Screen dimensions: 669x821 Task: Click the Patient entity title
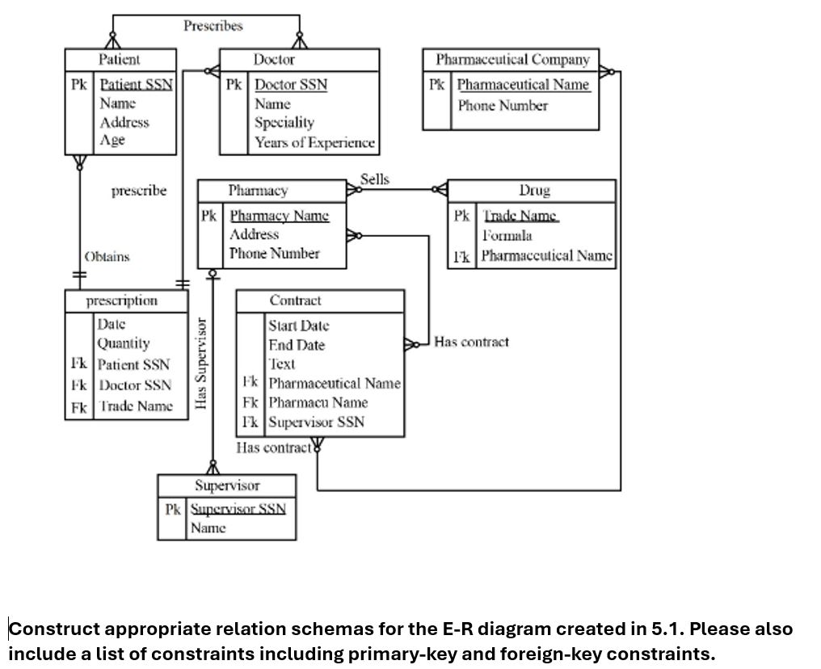tap(119, 60)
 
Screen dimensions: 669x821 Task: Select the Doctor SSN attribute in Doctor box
tap(291, 85)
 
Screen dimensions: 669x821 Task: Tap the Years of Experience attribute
tap(314, 143)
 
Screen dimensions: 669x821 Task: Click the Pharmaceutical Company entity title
tap(512, 60)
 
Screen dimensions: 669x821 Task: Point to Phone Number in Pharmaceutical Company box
tap(503, 106)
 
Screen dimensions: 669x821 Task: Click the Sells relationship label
tap(374, 179)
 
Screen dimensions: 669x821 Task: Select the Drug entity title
tap(534, 191)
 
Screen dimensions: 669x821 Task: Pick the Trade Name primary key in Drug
tap(520, 216)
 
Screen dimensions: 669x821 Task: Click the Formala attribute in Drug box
tap(507, 236)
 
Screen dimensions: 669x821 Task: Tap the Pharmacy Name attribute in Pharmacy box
tap(279, 216)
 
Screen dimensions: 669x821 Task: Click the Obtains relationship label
tap(107, 257)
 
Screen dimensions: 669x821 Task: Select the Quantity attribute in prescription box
tap(124, 343)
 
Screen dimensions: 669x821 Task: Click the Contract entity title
tap(295, 301)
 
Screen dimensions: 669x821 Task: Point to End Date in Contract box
tap(297, 345)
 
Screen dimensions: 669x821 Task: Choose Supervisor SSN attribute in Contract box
tap(316, 422)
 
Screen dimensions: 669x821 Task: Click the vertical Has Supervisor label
tap(201, 363)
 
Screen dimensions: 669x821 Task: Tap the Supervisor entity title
tap(227, 486)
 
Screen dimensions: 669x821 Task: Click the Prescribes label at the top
tap(213, 26)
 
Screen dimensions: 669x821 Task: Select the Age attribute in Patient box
tap(112, 141)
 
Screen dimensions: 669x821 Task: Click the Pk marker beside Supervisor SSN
tap(173, 510)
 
